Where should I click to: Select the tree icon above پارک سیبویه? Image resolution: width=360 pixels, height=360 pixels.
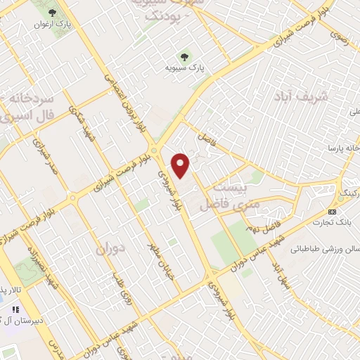click(186, 57)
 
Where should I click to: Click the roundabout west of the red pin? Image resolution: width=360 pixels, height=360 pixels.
click(154, 150)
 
